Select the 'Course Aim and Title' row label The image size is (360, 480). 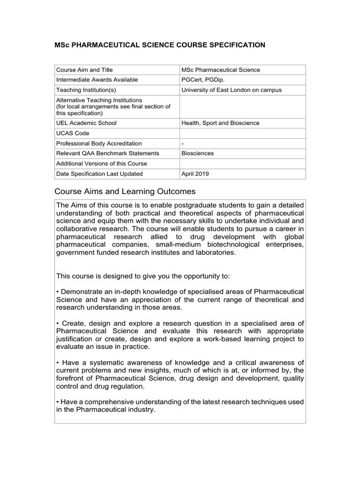click(84, 70)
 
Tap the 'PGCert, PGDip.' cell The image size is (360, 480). click(202, 80)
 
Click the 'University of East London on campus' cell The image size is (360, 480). click(232, 90)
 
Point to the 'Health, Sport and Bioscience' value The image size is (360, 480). click(220, 123)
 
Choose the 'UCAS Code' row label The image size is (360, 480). click(72, 133)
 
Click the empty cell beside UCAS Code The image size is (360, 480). click(242, 133)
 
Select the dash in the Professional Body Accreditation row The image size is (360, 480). click(182, 143)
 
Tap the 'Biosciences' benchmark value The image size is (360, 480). click(197, 153)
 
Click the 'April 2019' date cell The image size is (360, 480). click(195, 174)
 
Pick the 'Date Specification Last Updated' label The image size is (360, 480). click(99, 174)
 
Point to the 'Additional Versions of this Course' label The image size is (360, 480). click(101, 164)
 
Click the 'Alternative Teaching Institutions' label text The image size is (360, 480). click(99, 100)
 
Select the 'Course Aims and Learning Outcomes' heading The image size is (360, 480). click(125, 192)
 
